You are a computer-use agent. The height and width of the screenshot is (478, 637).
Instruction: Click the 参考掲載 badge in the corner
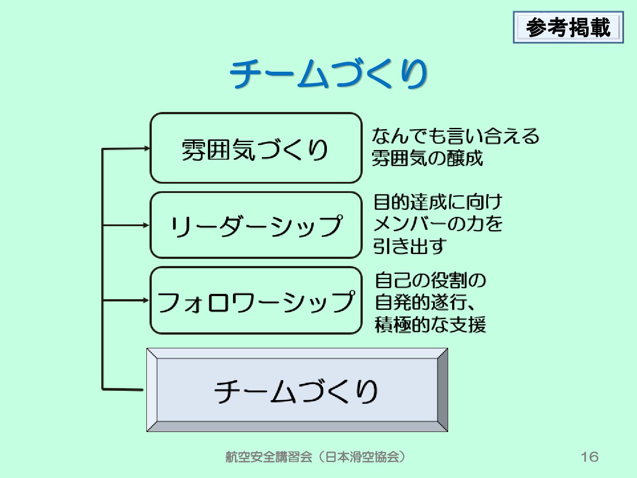pos(568,28)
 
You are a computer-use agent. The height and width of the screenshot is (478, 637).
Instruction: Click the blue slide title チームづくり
pos(328,73)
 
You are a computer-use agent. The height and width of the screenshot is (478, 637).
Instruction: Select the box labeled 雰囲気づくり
pos(256,148)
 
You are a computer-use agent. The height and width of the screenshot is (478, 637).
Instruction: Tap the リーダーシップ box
pos(256,225)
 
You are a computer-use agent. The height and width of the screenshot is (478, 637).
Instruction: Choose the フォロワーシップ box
pos(256,300)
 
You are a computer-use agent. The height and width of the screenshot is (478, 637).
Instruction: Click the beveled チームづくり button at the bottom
pos(297,390)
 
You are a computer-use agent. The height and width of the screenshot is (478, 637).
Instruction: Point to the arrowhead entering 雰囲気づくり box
pos(147,148)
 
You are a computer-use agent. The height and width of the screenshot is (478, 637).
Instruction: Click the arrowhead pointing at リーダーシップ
pos(147,225)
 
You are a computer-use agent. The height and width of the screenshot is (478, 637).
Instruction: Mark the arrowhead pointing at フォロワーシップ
pos(147,300)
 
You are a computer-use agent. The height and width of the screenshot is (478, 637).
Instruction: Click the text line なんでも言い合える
pos(455,136)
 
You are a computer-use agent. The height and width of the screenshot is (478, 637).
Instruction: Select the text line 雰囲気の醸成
pos(427,158)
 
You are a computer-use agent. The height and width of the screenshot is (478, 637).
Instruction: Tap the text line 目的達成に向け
pos(438,202)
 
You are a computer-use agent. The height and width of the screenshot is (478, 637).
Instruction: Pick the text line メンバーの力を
pos(438,224)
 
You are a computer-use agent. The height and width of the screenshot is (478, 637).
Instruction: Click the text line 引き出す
pos(409,246)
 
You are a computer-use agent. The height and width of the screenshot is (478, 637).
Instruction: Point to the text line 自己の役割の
pos(430,280)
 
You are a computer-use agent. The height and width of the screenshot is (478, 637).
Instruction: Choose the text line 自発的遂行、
pos(427,302)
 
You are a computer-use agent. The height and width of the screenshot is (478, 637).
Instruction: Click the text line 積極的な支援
pos(430,324)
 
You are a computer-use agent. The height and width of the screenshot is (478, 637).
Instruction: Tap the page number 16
pos(589,456)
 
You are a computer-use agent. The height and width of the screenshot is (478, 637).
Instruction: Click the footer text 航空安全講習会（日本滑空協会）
pos(315,457)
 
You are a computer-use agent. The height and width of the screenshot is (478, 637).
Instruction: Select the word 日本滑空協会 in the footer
pos(361,457)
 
